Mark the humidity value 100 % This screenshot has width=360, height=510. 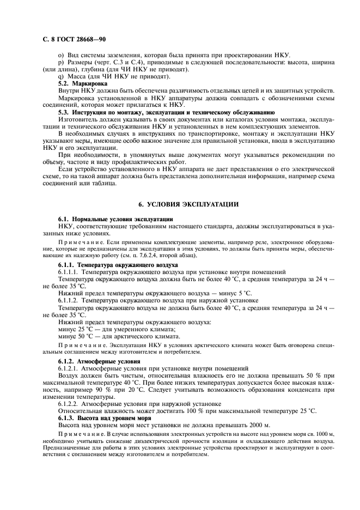pyautogui.click(x=178, y=410)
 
